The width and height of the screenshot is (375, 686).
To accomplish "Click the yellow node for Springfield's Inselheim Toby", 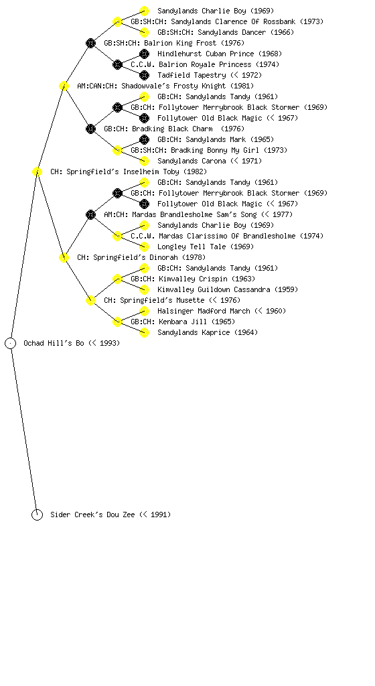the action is click(x=37, y=172).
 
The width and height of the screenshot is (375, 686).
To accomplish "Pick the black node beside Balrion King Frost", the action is click(x=90, y=43).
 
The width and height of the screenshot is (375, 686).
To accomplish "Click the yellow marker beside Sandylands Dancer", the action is click(x=144, y=32).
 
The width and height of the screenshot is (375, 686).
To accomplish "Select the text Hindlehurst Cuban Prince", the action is click(x=206, y=54).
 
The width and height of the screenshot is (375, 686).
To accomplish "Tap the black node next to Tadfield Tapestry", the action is click(x=144, y=75).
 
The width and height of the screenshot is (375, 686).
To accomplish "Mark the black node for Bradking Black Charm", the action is click(x=90, y=129).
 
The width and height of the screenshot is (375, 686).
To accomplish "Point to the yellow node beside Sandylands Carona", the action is click(x=144, y=161).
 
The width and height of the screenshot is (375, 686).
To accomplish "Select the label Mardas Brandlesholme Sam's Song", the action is click(x=194, y=214).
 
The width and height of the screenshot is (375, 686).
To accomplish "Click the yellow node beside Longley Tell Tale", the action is click(x=144, y=247).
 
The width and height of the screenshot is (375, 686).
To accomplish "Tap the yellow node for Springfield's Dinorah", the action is click(x=64, y=258).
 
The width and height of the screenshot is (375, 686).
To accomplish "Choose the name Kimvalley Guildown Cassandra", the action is click(x=214, y=289).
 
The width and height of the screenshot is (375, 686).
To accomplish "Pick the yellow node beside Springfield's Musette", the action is click(x=90, y=301).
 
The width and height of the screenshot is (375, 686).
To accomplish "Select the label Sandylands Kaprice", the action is click(x=194, y=332).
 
